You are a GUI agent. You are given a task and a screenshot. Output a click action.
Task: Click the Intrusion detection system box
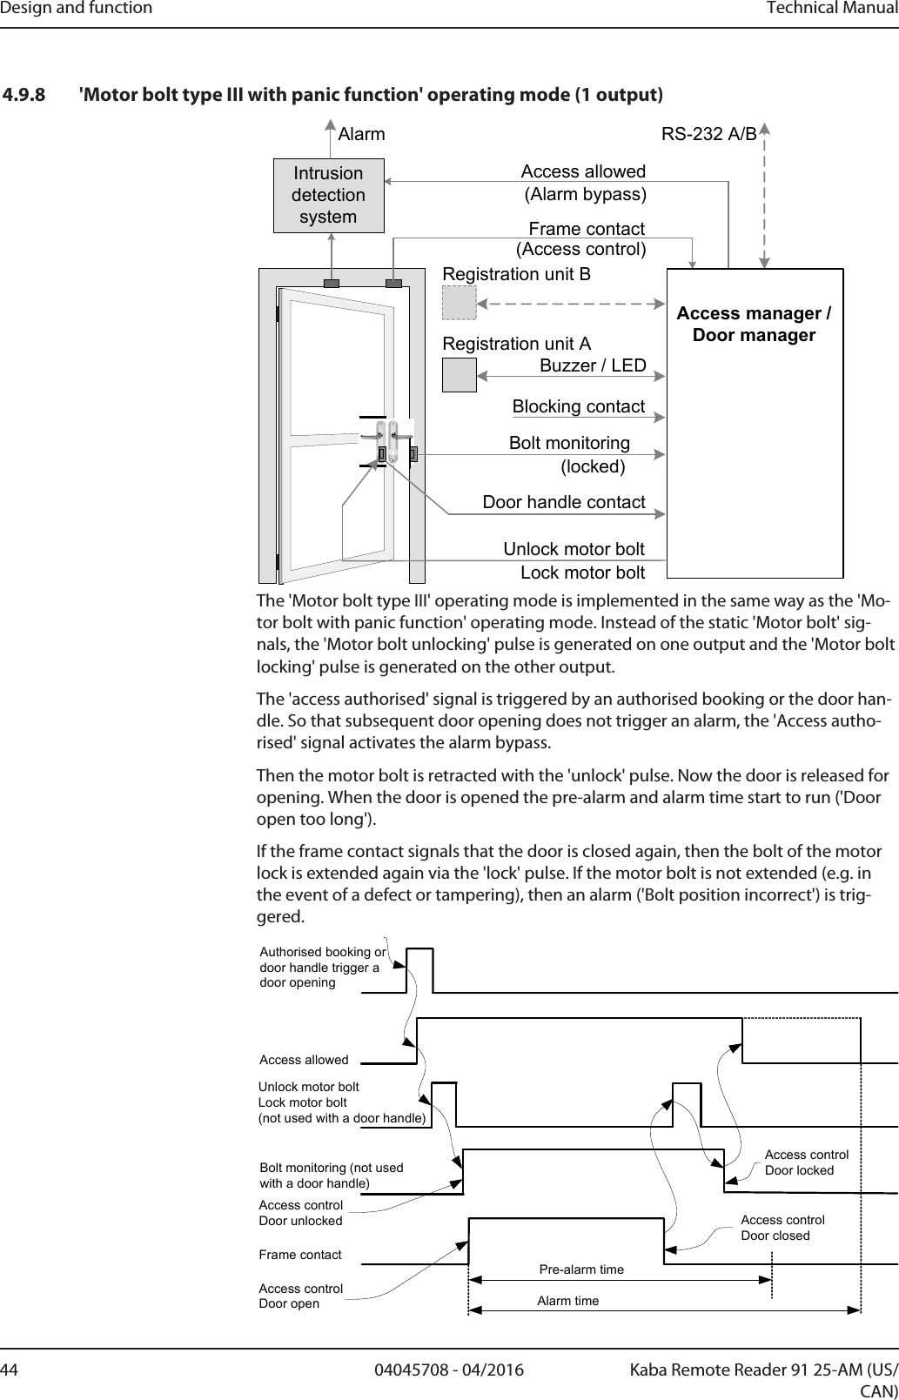click(328, 195)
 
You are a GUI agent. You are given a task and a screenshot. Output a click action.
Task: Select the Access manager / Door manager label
click(754, 324)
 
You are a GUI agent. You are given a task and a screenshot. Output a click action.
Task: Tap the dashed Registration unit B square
click(459, 303)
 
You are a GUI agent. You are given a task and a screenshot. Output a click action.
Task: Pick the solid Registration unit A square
click(459, 374)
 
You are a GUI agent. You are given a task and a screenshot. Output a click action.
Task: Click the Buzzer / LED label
click(593, 365)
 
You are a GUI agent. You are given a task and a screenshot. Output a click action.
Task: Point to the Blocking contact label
click(578, 406)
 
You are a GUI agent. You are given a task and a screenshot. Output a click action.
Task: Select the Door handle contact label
click(563, 502)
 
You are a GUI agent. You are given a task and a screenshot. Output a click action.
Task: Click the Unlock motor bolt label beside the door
click(574, 549)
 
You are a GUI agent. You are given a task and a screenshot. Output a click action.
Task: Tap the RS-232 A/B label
click(708, 134)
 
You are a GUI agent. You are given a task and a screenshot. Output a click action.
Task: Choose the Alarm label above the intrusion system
click(361, 135)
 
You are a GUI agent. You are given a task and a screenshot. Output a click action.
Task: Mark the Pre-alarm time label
click(581, 1269)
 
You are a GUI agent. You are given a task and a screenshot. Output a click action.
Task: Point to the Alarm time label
click(567, 1301)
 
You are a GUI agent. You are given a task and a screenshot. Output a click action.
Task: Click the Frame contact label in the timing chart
click(300, 1255)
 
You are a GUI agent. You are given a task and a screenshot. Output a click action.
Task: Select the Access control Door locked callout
click(806, 1162)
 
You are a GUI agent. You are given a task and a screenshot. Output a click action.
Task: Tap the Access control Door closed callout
click(782, 1228)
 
